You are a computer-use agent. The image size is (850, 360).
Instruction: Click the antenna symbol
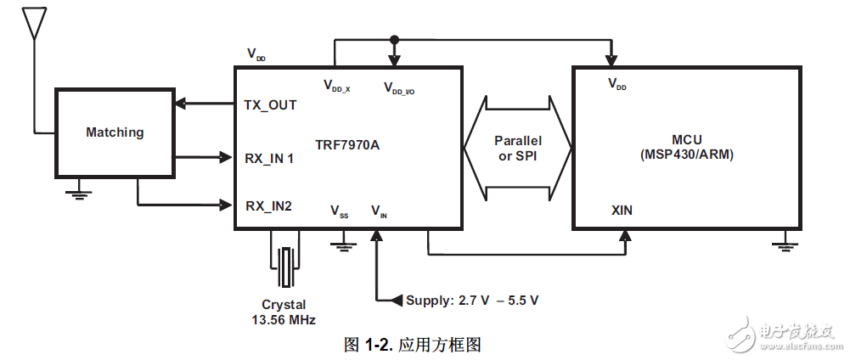pyautogui.click(x=33, y=24)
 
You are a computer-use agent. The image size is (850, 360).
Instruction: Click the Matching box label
pyautogui.click(x=115, y=132)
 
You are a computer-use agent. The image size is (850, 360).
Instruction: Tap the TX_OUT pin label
pyautogui.click(x=270, y=105)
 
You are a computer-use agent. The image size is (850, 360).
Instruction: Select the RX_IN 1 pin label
pyautogui.click(x=270, y=158)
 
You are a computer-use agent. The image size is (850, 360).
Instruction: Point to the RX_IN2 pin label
pyautogui.click(x=268, y=205)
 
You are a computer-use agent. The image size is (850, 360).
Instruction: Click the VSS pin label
pyautogui.click(x=339, y=211)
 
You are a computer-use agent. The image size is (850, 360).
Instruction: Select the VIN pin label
pyautogui.click(x=379, y=211)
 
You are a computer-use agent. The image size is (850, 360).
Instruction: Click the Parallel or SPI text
pyautogui.click(x=518, y=149)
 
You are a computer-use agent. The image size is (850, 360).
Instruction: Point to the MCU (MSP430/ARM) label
pyautogui.click(x=687, y=147)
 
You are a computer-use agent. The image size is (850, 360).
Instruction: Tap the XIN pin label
pyautogui.click(x=621, y=210)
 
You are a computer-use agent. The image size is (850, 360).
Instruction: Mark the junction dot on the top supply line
pyautogui.click(x=393, y=40)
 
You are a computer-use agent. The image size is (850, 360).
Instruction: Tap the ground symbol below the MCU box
pyautogui.click(x=785, y=245)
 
